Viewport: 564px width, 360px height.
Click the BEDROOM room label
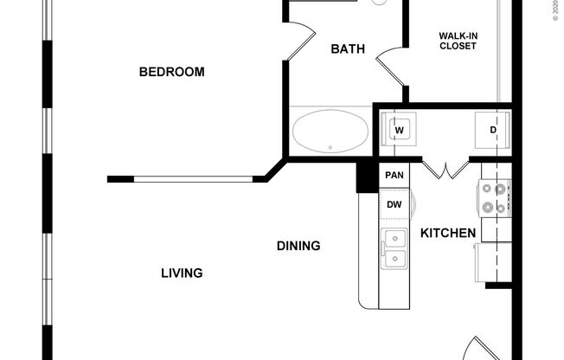[x=172, y=72]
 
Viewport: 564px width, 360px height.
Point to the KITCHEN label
[x=448, y=233]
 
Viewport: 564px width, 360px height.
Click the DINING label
[x=298, y=246]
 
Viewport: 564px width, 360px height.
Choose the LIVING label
[x=182, y=273]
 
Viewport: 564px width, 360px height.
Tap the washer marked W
[x=400, y=131]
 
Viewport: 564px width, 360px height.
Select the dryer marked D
[x=492, y=131]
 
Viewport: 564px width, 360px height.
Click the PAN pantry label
[x=394, y=176]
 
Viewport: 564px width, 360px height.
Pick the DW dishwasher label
[x=394, y=205]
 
